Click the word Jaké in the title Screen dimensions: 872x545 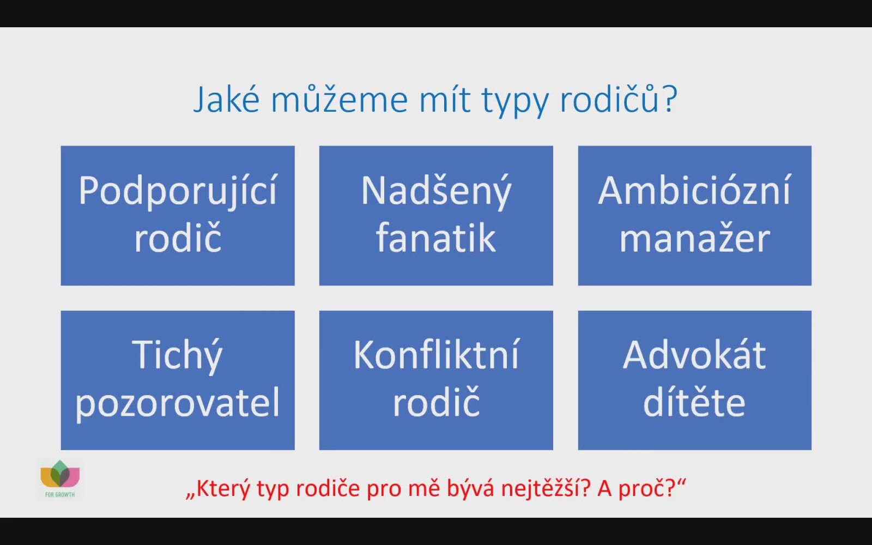(226, 100)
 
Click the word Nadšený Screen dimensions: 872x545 (436, 191)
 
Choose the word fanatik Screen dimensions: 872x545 (436, 238)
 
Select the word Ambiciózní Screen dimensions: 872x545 (695, 190)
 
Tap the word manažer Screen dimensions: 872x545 (695, 238)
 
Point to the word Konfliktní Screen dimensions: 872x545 (437, 354)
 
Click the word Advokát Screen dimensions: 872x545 (694, 354)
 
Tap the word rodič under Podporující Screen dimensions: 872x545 (178, 238)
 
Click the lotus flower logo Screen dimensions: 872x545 (60, 474)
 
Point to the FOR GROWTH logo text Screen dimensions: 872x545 (60, 495)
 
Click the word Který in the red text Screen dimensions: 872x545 (223, 489)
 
